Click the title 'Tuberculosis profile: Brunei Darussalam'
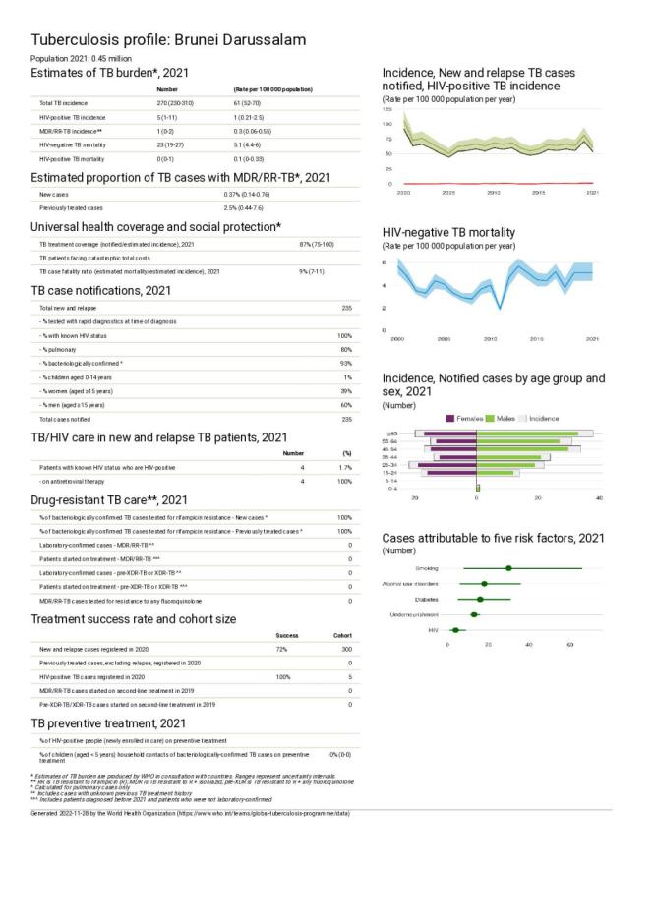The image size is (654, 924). (x=168, y=40)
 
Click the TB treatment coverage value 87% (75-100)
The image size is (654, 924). (x=321, y=244)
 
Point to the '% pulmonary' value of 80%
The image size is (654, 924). (x=345, y=349)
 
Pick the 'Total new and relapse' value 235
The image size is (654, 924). (x=345, y=308)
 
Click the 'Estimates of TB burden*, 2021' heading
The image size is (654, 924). (x=109, y=73)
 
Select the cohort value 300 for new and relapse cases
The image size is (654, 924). (x=344, y=650)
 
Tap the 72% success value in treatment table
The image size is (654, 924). (x=281, y=650)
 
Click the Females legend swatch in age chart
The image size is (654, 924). (x=451, y=418)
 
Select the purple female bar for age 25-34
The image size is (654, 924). (x=448, y=465)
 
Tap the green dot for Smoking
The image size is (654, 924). (x=508, y=568)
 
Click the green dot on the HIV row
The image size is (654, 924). (x=455, y=629)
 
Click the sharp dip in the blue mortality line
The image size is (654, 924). (x=500, y=308)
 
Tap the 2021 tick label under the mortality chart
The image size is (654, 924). (x=592, y=339)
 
